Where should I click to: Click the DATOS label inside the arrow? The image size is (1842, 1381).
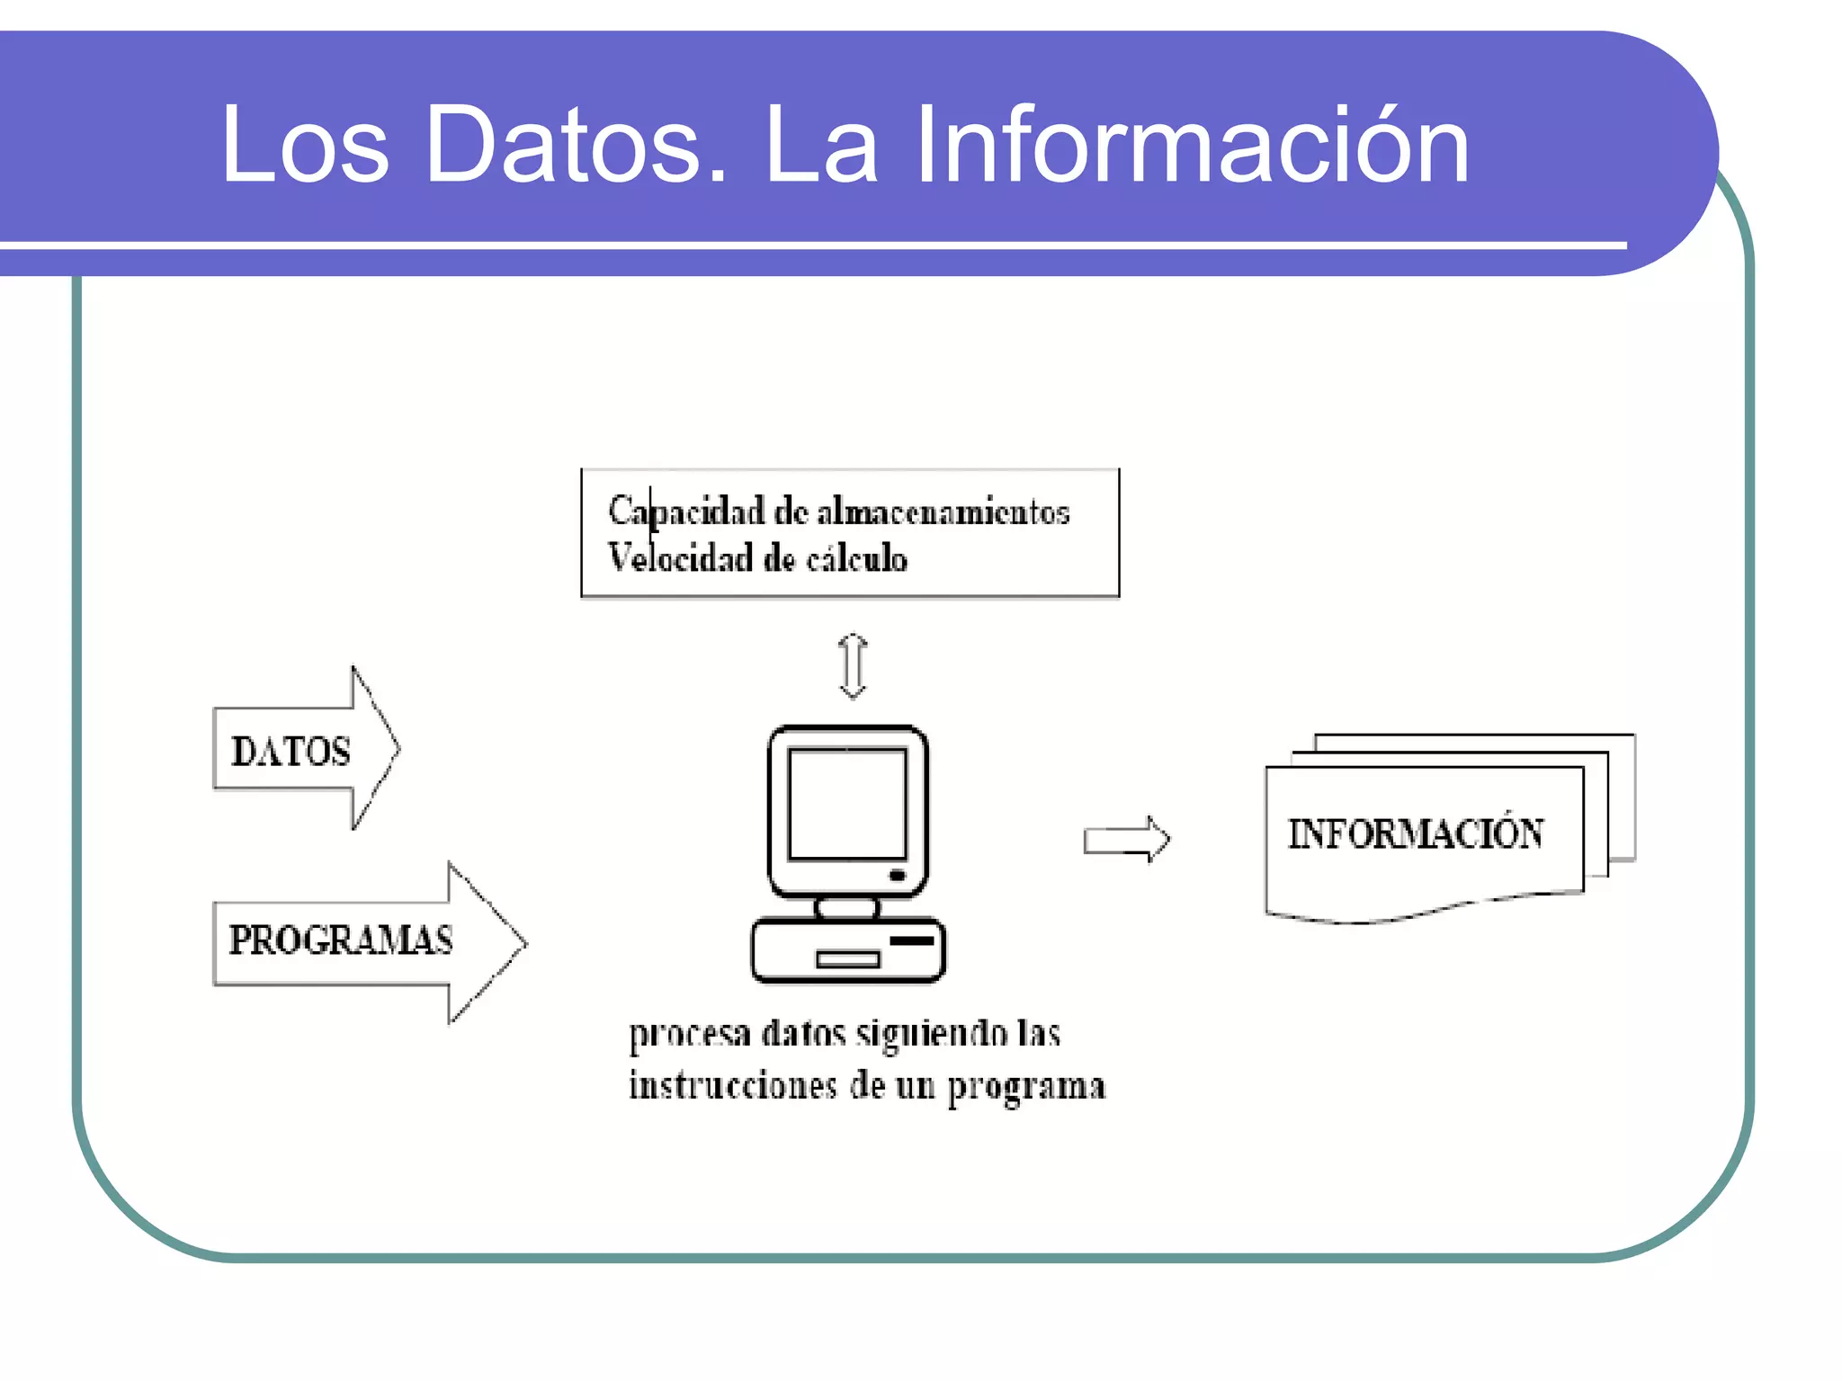(x=291, y=752)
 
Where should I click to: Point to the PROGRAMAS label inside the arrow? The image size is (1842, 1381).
(x=340, y=940)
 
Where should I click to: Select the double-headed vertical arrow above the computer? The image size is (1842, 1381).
(x=853, y=666)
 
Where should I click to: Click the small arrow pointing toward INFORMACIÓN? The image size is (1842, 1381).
(x=1126, y=840)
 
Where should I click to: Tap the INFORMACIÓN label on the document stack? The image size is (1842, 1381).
(x=1416, y=833)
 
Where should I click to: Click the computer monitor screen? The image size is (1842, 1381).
(x=847, y=804)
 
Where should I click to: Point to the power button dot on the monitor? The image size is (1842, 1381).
(x=897, y=875)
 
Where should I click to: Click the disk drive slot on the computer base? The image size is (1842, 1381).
(x=847, y=959)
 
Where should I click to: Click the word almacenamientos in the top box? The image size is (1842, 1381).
(x=943, y=512)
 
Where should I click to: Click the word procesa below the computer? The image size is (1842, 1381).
(x=689, y=1035)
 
